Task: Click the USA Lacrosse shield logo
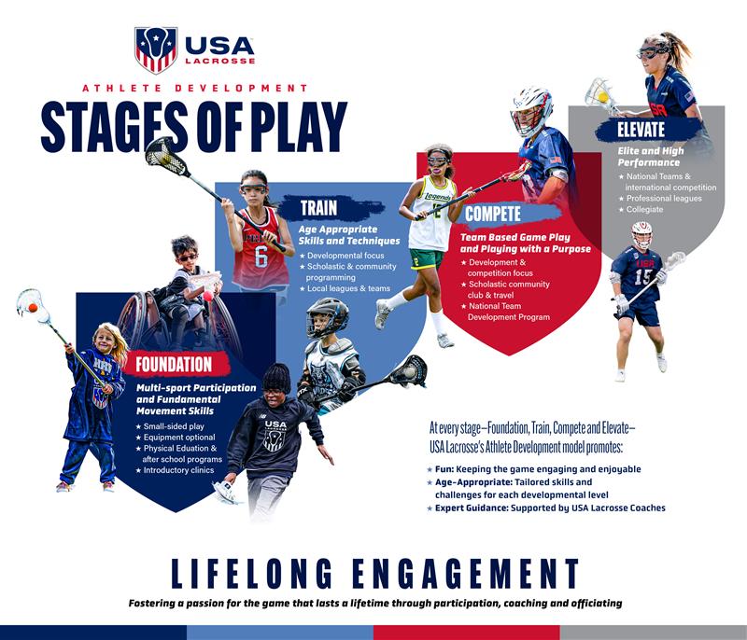(x=156, y=49)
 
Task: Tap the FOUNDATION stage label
(x=174, y=364)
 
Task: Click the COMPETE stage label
(x=493, y=214)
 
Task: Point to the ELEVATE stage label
(x=641, y=129)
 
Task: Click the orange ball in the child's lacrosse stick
(x=33, y=307)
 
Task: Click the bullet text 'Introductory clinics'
(x=180, y=470)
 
